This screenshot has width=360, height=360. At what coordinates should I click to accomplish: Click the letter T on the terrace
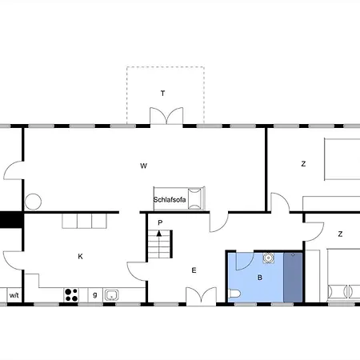pyautogui.click(x=162, y=94)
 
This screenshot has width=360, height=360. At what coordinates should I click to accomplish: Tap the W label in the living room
pyautogui.click(x=143, y=166)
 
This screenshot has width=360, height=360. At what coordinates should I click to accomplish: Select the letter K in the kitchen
pyautogui.click(x=80, y=256)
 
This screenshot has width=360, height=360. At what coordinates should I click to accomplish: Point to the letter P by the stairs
pyautogui.click(x=160, y=222)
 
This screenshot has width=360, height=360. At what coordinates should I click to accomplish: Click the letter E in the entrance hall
pyautogui.click(x=194, y=270)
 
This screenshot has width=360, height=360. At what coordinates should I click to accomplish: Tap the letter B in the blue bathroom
pyautogui.click(x=259, y=278)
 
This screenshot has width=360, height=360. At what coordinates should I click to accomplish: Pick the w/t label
pyautogui.click(x=14, y=294)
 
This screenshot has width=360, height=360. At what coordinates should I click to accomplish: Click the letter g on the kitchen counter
pyautogui.click(x=94, y=294)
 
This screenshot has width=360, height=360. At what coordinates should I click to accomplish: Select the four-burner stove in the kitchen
pyautogui.click(x=71, y=294)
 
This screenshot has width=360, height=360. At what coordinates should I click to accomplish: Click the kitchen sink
pyautogui.click(x=112, y=294)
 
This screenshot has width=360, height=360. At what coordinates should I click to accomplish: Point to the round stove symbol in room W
pyautogui.click(x=34, y=202)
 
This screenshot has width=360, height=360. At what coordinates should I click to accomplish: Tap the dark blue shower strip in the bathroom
pyautogui.click(x=294, y=278)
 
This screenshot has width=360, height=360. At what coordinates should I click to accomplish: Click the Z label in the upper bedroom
pyautogui.click(x=303, y=164)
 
